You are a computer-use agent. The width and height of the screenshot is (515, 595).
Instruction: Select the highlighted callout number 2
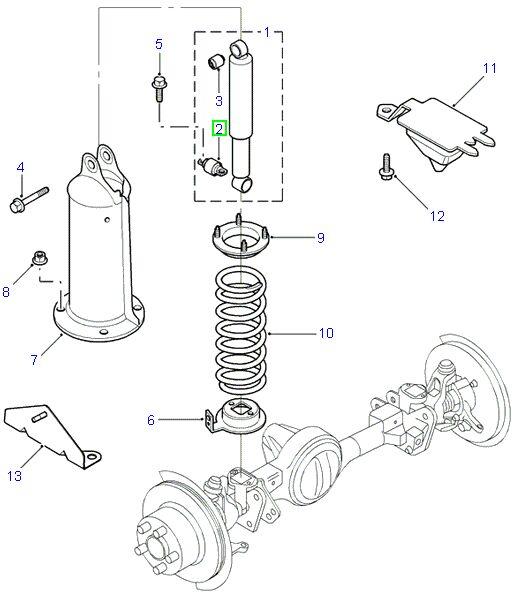(220, 129)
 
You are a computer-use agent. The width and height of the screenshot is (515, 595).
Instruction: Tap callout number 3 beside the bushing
(218, 100)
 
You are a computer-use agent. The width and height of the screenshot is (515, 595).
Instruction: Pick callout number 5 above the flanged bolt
(158, 44)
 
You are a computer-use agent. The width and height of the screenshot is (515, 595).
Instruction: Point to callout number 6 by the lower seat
(151, 421)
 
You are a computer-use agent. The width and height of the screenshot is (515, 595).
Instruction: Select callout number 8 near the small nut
(8, 291)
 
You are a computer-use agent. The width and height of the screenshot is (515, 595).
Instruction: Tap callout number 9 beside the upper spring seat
(320, 238)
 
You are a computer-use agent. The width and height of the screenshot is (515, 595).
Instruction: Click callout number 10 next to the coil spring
(324, 333)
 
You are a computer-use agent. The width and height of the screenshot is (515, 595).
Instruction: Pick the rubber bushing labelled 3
(213, 65)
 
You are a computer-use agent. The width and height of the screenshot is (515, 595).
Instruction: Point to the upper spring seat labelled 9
(240, 241)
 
